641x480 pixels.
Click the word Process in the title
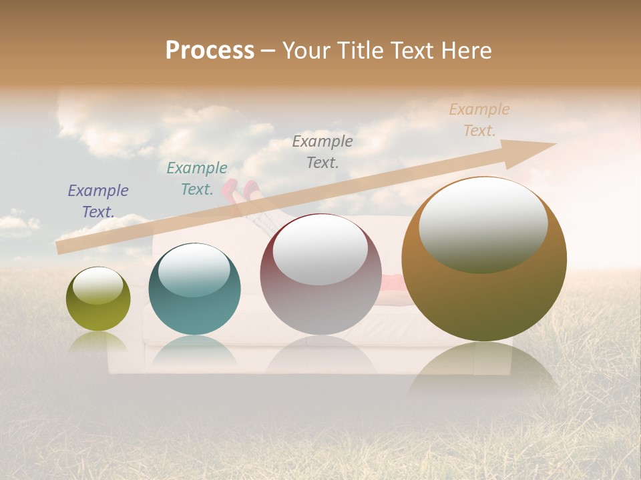coord(210,51)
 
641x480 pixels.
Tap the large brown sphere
coord(484,293)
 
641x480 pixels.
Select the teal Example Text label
coord(197,179)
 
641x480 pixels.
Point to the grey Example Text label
coord(323,151)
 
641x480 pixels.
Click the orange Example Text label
coord(479,120)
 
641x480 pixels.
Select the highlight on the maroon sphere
coord(320,251)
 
